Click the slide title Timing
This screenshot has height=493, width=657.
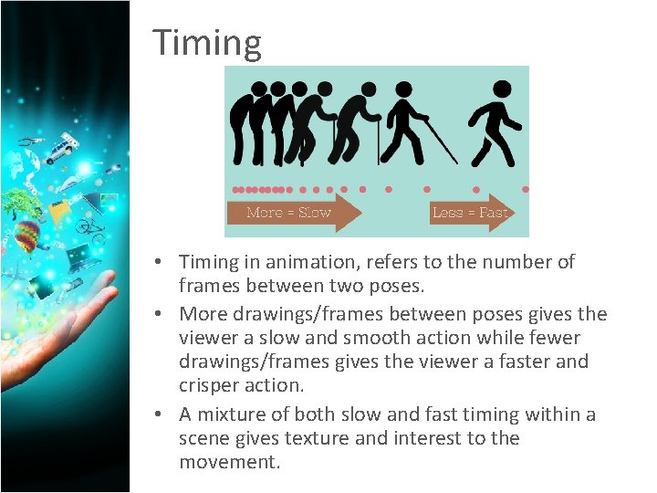click(207, 43)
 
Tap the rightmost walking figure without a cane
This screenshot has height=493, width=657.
click(494, 123)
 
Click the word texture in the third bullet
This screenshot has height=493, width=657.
click(316, 438)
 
